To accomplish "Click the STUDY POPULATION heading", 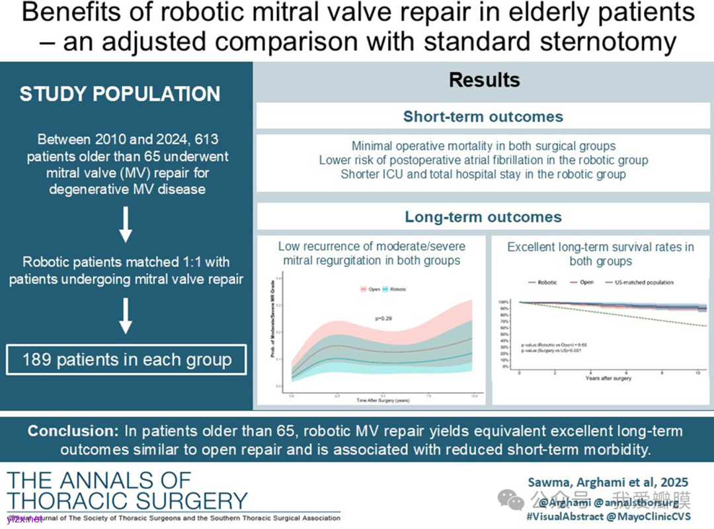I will pos(120,95).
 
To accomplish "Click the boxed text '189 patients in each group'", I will pos(126,360).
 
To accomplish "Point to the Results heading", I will pos(484,81).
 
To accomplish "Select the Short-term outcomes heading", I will pos(483,117).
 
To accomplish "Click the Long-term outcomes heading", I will pos(483,217).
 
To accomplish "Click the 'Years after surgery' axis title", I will pos(608,378).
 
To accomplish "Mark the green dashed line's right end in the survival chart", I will pos(705,326).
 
